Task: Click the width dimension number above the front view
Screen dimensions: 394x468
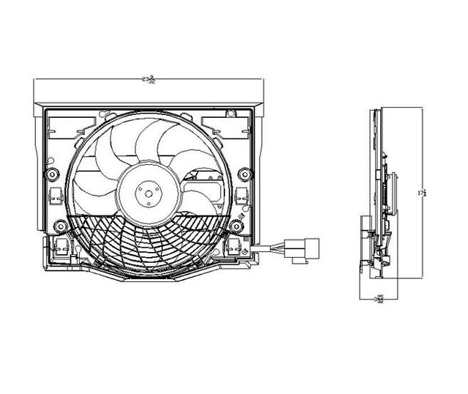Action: [150, 79]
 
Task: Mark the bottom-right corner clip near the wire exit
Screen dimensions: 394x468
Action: [238, 249]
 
